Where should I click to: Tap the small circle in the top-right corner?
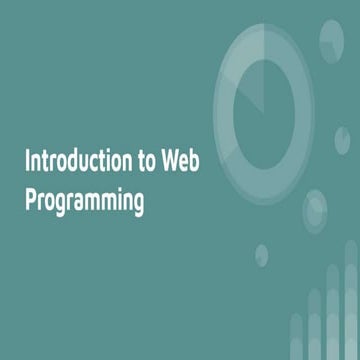(330, 38)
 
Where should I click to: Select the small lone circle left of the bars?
(262, 253)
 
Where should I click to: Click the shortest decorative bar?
(297, 335)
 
